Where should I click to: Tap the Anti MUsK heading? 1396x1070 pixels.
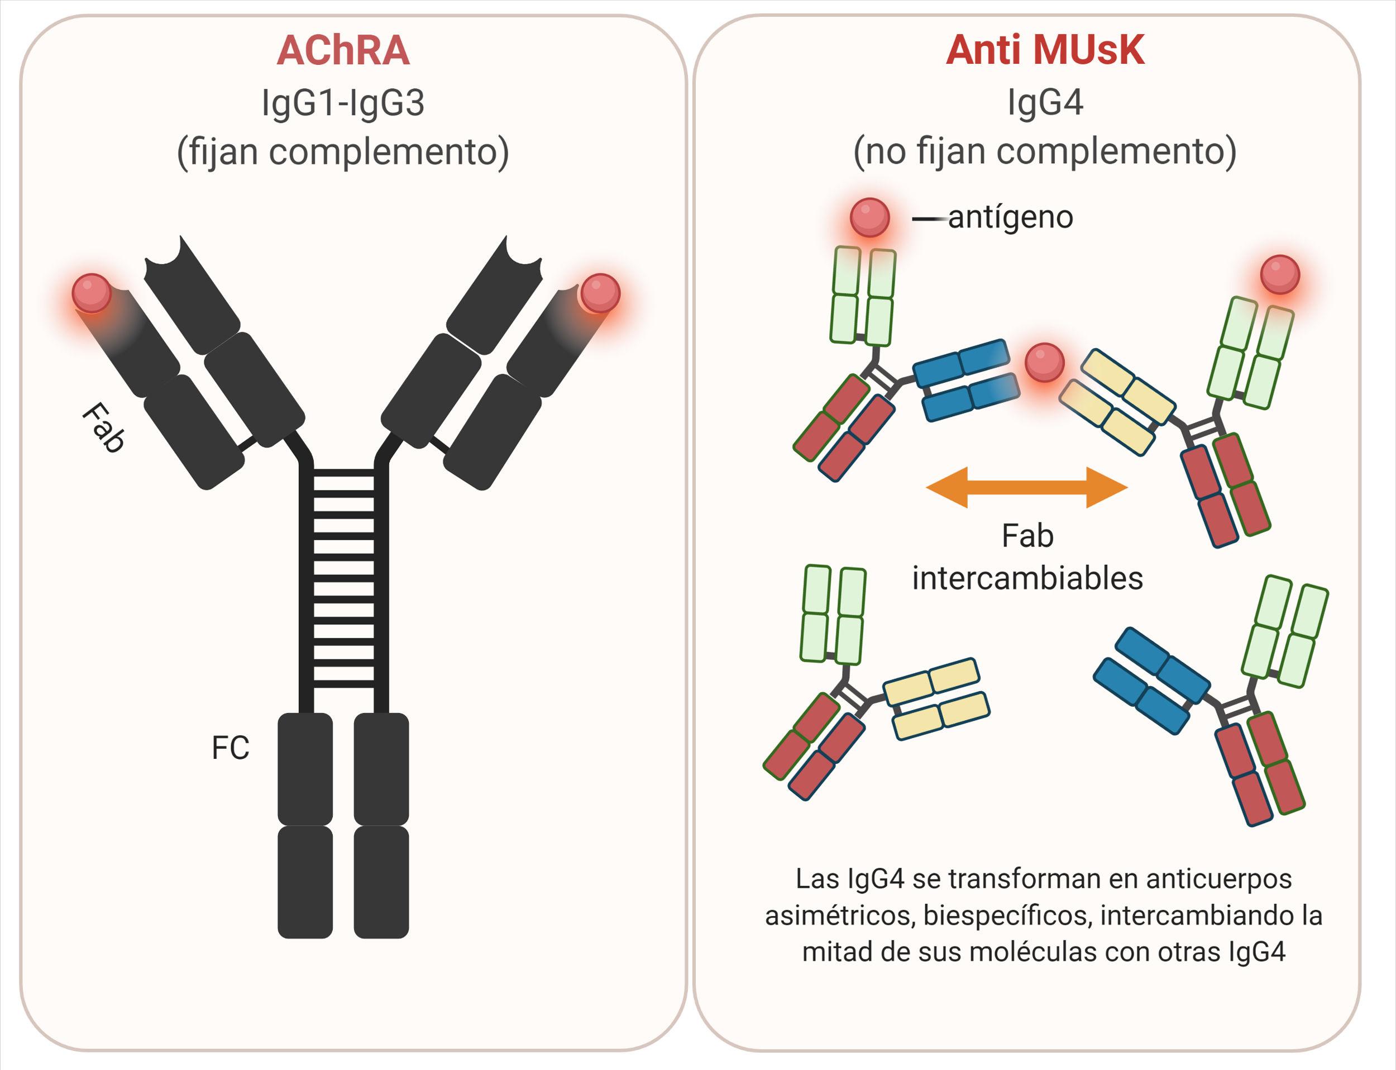tap(1045, 50)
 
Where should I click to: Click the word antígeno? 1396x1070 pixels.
tap(1010, 217)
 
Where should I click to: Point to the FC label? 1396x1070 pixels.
tap(231, 748)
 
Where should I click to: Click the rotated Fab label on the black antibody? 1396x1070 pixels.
tap(103, 427)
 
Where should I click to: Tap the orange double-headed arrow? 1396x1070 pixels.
tap(1027, 487)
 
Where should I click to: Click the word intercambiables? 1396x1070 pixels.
tap(1027, 578)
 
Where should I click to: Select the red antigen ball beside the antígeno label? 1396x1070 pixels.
tap(869, 217)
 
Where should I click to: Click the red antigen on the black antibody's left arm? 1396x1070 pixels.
tap(92, 293)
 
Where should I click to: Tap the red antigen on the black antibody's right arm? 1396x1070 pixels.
tap(600, 293)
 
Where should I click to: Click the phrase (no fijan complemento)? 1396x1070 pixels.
tap(1045, 151)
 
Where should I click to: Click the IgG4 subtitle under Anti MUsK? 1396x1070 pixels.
tap(1045, 103)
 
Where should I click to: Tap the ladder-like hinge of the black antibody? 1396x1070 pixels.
tap(345, 579)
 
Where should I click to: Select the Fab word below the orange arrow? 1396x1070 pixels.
tap(1027, 536)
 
